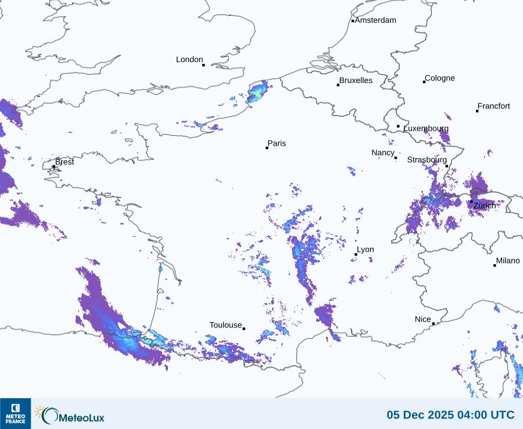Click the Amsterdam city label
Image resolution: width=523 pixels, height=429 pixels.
pos(375,20)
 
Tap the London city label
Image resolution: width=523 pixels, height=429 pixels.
pos(189,60)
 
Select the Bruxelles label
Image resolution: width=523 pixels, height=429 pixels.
pos(356,81)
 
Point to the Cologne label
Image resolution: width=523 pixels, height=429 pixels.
pos(439,78)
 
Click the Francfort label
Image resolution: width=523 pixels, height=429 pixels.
pos(493,106)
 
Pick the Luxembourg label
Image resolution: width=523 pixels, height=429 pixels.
pos(426,128)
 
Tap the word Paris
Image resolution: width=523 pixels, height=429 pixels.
pos(277,143)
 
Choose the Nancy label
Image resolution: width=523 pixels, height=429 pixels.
pos(383,153)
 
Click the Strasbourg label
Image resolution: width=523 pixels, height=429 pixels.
pos(427,160)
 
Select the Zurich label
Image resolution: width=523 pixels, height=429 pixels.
pos(485,206)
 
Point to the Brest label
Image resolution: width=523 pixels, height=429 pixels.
pos(65,162)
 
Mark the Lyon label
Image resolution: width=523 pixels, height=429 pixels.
pos(366,250)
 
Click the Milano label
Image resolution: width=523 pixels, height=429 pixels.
pos(508,261)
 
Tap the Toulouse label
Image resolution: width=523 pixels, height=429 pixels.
pos(225,325)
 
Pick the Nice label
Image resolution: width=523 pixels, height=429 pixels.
pos(422,319)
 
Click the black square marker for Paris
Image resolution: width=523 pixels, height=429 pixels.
pos(267,148)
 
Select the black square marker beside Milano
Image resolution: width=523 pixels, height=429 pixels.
pos(495,265)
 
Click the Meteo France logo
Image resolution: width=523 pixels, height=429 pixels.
pos(16,413)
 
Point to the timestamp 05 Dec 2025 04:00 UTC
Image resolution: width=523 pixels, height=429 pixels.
pos(450,415)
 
